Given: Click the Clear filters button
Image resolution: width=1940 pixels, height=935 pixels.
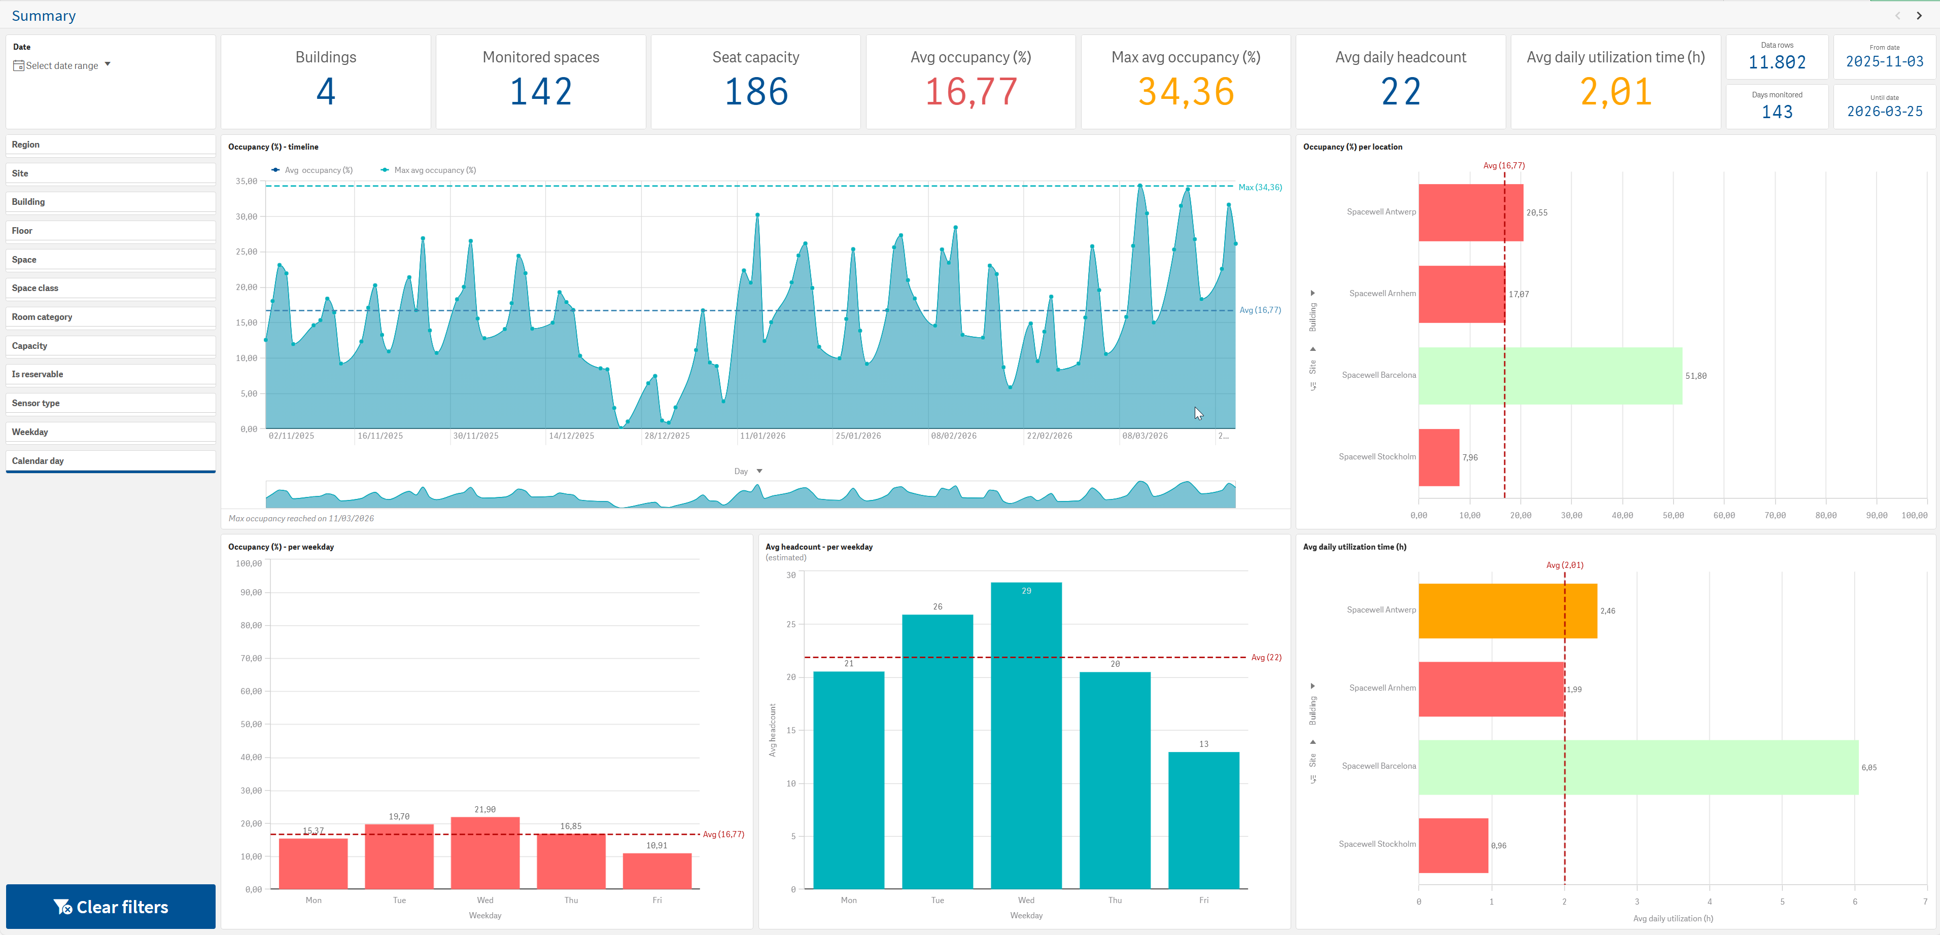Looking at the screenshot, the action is pyautogui.click(x=111, y=907).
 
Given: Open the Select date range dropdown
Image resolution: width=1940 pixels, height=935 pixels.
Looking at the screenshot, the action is pyautogui.click(x=62, y=65).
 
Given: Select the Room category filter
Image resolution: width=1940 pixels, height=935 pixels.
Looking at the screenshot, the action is pyautogui.click(x=111, y=317).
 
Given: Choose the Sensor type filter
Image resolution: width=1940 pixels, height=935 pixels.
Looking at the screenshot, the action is pyautogui.click(x=111, y=403).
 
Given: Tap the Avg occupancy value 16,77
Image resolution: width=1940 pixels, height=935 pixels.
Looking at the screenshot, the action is pyautogui.click(x=971, y=92).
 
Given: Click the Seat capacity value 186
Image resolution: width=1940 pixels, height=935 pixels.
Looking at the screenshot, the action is pyautogui.click(x=756, y=92).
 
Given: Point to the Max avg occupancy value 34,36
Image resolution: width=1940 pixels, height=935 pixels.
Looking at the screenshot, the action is pyautogui.click(x=1186, y=92).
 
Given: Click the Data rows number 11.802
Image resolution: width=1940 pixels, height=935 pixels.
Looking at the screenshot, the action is pyautogui.click(x=1777, y=62).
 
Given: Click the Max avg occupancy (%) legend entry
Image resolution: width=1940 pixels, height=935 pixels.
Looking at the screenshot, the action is pyautogui.click(x=429, y=170).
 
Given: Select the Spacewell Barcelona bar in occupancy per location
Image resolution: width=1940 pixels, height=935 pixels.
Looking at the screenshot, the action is pyautogui.click(x=1550, y=376).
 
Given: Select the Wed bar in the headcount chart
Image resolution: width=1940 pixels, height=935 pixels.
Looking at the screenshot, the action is pyautogui.click(x=1026, y=736).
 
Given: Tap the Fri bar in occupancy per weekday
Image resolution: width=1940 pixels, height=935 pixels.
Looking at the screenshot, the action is pyautogui.click(x=656, y=871).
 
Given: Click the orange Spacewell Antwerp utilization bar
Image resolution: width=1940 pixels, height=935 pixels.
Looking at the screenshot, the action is pyautogui.click(x=1508, y=610).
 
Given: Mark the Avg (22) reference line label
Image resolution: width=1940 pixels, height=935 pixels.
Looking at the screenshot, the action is pyautogui.click(x=1266, y=657).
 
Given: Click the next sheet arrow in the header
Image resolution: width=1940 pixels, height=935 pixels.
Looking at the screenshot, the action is pyautogui.click(x=1919, y=15).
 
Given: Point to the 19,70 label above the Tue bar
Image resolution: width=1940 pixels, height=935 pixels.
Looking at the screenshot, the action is pyautogui.click(x=399, y=816).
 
